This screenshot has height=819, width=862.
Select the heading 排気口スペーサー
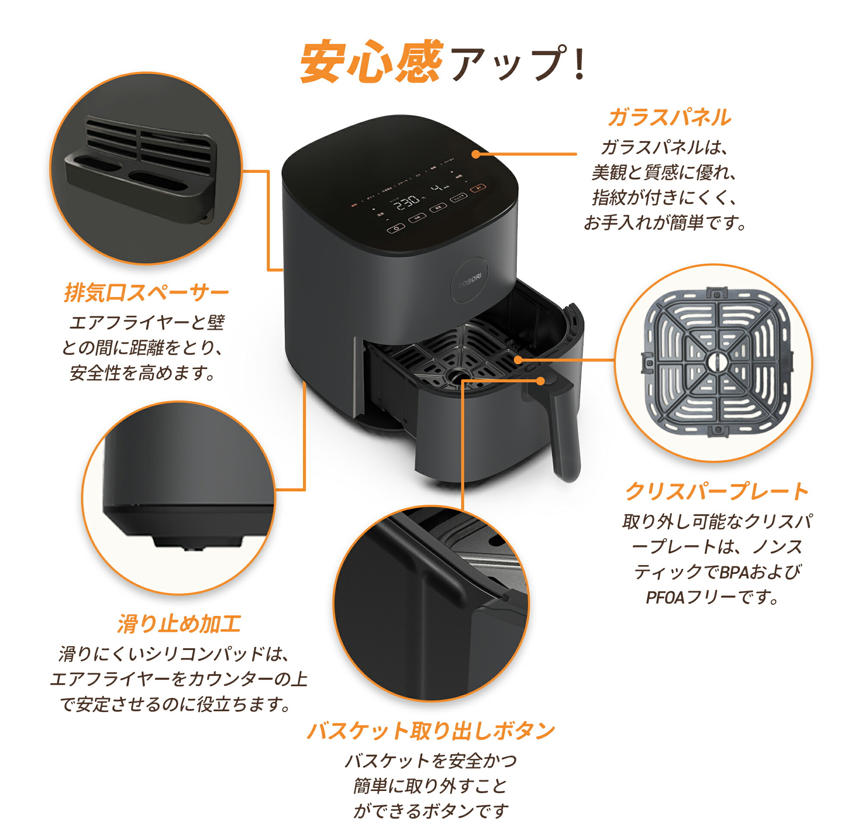tap(146, 292)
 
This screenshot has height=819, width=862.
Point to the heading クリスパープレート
tap(717, 491)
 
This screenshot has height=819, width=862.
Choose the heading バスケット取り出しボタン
tap(430, 730)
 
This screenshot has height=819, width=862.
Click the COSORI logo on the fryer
tap(470, 281)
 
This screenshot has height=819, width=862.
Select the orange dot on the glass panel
tap(476, 154)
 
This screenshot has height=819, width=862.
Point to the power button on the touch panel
tap(396, 228)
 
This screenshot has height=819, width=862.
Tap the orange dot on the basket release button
tap(540, 381)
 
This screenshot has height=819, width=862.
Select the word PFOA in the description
tap(665, 597)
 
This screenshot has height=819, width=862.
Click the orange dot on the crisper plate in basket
tap(518, 360)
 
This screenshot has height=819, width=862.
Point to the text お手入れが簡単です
tap(664, 223)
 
